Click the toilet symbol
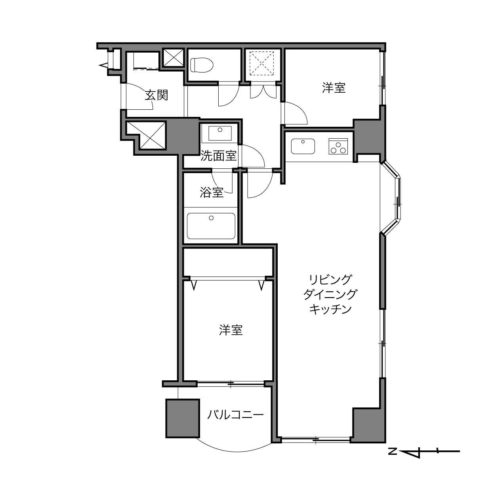[x=202, y=65]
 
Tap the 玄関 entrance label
[x=156, y=95]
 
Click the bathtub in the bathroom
[x=211, y=226]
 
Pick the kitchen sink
[x=303, y=146]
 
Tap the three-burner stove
[x=338, y=146]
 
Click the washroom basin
[x=220, y=133]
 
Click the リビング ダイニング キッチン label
[x=330, y=294]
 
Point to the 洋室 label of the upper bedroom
[x=334, y=88]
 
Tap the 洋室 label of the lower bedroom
[x=231, y=330]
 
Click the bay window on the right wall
[x=391, y=198]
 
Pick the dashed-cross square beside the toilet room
[x=261, y=63]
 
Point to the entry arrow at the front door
[x=103, y=65]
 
